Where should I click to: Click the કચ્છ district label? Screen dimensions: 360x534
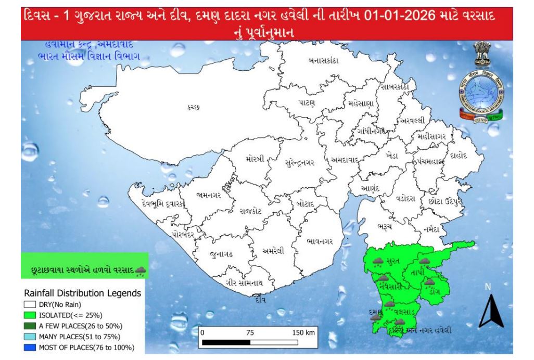click(x=193, y=107)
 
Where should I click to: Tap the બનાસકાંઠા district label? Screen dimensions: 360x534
click(x=323, y=61)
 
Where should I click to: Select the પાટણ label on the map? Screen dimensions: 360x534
click(x=307, y=103)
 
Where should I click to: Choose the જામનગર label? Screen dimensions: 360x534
click(x=209, y=196)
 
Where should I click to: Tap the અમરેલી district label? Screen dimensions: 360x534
click(x=273, y=251)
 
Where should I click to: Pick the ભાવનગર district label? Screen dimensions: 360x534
click(x=324, y=241)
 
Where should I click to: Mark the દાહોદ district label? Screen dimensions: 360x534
click(x=459, y=155)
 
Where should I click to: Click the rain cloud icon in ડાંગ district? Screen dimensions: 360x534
click(x=429, y=282)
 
